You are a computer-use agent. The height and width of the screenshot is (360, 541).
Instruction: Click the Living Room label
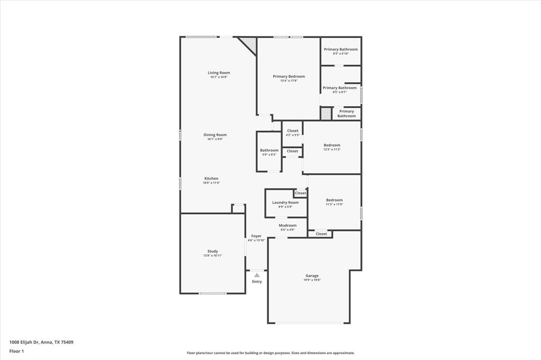(x=219, y=73)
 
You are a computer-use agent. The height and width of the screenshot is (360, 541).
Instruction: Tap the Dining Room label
(x=215, y=135)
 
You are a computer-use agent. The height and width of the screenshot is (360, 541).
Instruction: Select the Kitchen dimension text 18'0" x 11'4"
(x=211, y=183)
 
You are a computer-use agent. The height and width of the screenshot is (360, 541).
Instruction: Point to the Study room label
(x=212, y=251)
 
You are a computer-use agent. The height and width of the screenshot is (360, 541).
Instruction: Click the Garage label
(x=312, y=276)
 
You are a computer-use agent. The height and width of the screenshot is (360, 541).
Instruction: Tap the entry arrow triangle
(x=257, y=275)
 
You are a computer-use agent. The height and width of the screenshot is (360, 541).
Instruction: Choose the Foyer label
(x=256, y=236)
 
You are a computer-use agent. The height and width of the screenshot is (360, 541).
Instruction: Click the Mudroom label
(x=287, y=225)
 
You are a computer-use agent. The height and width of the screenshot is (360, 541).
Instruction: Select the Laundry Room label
(x=285, y=202)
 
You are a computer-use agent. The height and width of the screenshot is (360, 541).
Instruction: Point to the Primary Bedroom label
(x=288, y=77)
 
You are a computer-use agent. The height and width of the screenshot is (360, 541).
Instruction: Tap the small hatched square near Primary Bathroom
(x=326, y=113)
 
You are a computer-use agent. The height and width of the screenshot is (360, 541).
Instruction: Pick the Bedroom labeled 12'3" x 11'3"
(x=332, y=145)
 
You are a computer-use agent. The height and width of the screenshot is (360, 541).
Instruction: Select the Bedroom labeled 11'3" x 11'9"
(x=334, y=200)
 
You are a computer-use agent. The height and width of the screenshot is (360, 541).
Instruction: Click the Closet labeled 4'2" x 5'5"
(x=293, y=131)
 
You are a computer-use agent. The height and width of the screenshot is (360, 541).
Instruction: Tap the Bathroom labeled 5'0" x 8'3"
(x=269, y=150)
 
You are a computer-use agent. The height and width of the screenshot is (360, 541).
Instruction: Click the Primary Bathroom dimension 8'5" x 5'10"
(x=341, y=54)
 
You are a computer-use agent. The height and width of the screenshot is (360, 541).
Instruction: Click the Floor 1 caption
(x=17, y=351)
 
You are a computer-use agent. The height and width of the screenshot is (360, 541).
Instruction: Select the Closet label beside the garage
(x=321, y=234)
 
